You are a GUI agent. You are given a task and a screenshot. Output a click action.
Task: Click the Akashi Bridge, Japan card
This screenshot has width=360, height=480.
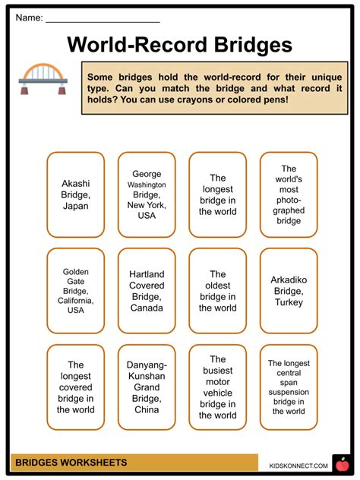pos(75,194)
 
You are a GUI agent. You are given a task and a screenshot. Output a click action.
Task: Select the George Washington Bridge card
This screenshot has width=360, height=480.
pos(146,194)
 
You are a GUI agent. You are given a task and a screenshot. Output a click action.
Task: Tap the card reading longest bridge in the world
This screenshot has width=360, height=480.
pos(217,194)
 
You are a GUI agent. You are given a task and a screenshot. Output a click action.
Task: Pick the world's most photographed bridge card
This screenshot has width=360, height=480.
pos(289,194)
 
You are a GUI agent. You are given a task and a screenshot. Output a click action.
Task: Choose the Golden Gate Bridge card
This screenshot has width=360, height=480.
pos(75,290)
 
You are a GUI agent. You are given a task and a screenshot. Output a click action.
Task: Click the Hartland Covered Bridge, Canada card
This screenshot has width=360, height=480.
pos(146,290)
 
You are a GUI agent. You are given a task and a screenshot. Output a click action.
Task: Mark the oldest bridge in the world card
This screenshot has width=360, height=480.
pos(217,290)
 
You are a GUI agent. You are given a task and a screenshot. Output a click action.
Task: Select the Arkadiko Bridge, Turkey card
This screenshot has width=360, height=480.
pos(289,290)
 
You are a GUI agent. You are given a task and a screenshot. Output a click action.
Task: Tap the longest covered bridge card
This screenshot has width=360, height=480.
pos(75,387)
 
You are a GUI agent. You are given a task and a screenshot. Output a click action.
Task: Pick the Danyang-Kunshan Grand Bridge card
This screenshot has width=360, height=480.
pos(146,387)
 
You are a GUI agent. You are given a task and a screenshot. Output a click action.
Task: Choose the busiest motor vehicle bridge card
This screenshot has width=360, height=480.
pos(217,387)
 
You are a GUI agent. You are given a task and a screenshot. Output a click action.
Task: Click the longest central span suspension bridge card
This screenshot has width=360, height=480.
pos(289,387)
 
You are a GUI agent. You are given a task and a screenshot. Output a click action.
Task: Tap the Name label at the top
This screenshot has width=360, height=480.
pos(28,17)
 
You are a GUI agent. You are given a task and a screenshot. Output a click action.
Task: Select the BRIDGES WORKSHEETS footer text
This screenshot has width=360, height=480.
pos(71,463)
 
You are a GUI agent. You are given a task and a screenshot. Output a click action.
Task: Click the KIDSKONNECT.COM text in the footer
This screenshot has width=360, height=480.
pos(298,465)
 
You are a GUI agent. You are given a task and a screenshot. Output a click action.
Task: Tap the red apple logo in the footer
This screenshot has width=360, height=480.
pos(342,463)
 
